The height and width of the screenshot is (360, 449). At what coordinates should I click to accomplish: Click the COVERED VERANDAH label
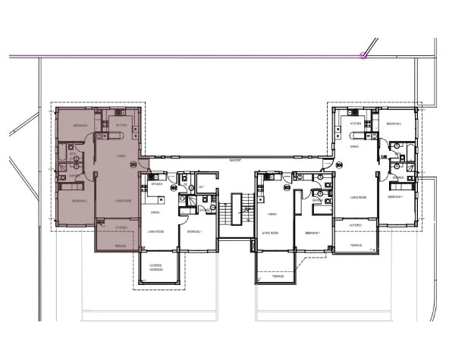(x=159, y=267)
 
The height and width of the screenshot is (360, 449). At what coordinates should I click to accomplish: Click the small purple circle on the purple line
(x=364, y=55)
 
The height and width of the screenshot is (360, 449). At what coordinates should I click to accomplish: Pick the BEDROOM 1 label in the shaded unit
(x=81, y=125)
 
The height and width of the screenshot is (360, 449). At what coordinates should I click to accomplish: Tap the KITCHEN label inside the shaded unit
(x=121, y=125)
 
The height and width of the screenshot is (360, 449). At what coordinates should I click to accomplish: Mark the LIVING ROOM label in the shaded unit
(x=124, y=201)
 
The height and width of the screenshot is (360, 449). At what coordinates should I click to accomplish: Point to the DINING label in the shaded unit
(x=121, y=157)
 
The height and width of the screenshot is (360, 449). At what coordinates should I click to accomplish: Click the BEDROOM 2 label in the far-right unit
(x=394, y=124)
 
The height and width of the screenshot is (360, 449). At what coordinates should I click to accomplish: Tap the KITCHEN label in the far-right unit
(x=355, y=124)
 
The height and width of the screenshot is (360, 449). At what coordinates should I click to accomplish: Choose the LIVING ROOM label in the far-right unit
(x=359, y=197)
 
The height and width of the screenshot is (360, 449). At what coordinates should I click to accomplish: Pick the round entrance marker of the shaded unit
(x=135, y=164)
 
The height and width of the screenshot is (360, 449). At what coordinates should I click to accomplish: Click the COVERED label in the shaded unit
(x=121, y=227)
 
